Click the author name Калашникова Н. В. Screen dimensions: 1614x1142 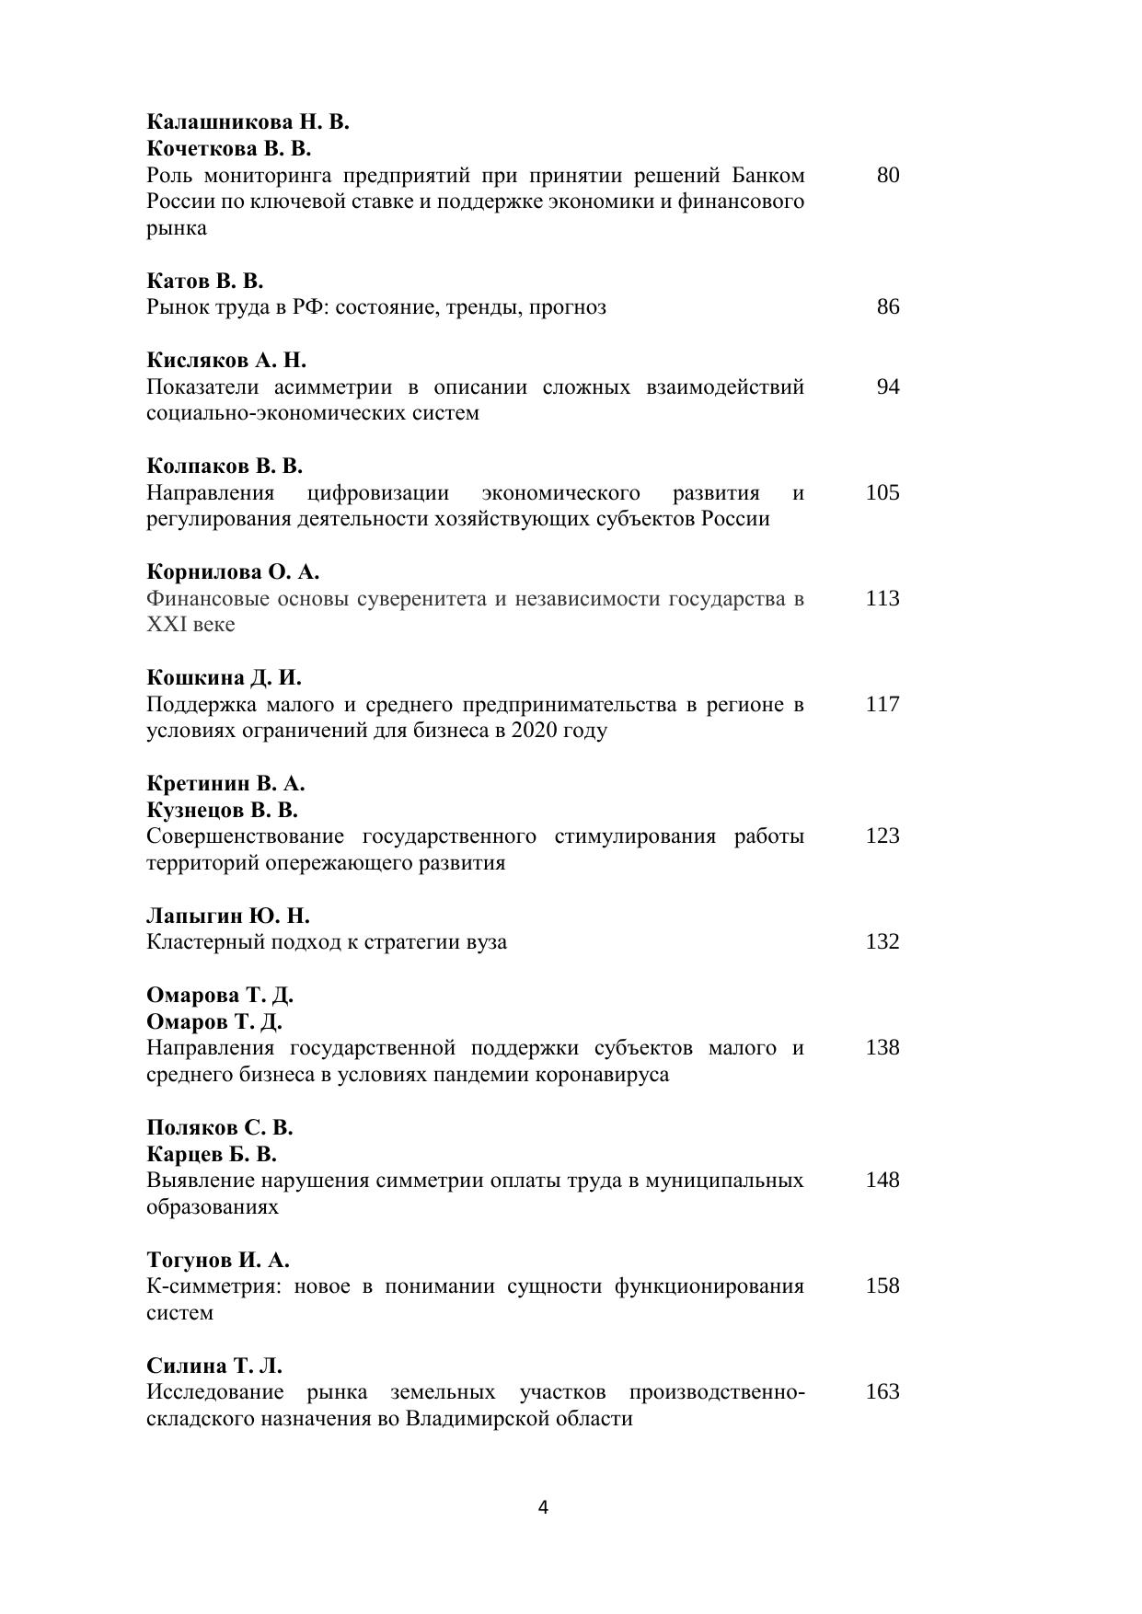click(x=248, y=121)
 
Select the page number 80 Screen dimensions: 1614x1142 click(x=887, y=175)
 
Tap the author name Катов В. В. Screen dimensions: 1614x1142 click(x=205, y=281)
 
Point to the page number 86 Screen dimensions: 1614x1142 click(x=887, y=306)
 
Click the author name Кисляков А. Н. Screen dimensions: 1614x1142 click(x=226, y=360)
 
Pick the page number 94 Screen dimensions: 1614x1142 click(x=887, y=386)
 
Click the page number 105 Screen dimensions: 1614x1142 click(x=882, y=492)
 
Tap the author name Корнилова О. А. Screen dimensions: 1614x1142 click(x=233, y=571)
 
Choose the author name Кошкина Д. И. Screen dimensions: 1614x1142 click(x=224, y=677)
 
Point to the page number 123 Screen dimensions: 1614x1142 click(x=882, y=836)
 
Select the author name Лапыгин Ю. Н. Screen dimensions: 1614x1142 click(x=228, y=916)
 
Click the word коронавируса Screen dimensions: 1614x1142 click(x=608, y=1075)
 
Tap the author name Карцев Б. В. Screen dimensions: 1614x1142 click(x=212, y=1154)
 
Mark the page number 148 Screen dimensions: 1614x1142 click(x=882, y=1180)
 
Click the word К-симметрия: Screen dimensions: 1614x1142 click(x=212, y=1286)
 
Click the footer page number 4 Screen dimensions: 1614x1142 click(x=543, y=1507)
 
